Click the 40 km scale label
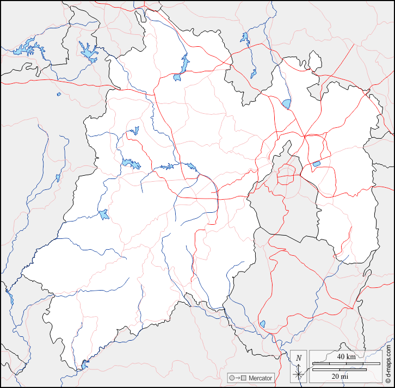pyautogui.click(x=345, y=356)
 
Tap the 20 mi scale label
pyautogui.click(x=341, y=376)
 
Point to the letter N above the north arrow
pyautogui.click(x=298, y=358)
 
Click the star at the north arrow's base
pyautogui.click(x=298, y=374)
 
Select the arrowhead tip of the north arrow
pyautogui.click(x=298, y=364)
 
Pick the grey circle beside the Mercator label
pyautogui.click(x=232, y=378)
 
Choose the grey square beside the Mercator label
pyautogui.click(x=244, y=378)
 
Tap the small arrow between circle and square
pyautogui.click(x=238, y=378)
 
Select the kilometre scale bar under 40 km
pyautogui.click(x=345, y=363)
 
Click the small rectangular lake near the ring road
pyautogui.click(x=316, y=163)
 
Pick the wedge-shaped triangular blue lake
pyautogui.click(x=286, y=103)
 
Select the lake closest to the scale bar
pyautogui.click(x=262, y=324)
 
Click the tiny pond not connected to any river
pyautogui.click(x=59, y=94)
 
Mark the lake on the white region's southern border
pyautogui.click(x=84, y=364)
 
